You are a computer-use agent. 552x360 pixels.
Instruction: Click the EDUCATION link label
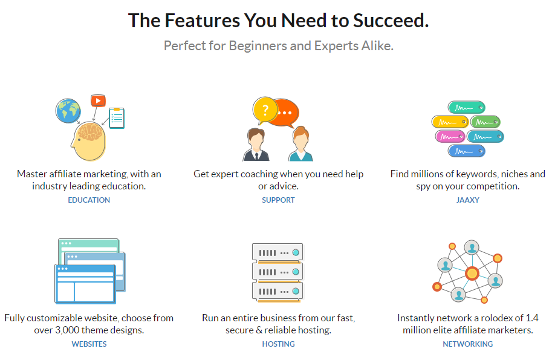tap(89, 200)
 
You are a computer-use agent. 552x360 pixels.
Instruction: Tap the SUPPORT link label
tap(278, 200)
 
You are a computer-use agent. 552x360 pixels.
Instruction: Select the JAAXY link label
tap(468, 200)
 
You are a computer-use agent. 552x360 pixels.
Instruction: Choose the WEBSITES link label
tap(89, 344)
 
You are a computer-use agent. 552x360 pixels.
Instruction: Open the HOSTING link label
tap(278, 344)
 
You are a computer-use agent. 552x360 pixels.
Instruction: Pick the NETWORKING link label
tap(468, 344)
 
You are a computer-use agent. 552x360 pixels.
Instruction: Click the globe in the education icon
tap(68, 111)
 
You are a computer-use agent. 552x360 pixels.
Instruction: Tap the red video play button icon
tap(98, 101)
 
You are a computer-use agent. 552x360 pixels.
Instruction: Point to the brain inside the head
tap(91, 132)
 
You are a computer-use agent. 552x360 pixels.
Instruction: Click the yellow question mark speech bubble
tap(265, 110)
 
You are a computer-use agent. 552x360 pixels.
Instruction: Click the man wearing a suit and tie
tap(256, 145)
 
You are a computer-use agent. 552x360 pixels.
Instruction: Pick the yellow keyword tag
tap(450, 122)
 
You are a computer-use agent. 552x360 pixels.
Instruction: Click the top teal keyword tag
tap(467, 108)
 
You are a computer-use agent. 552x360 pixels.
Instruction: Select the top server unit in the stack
tap(278, 252)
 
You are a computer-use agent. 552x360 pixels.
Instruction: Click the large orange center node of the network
tap(472, 273)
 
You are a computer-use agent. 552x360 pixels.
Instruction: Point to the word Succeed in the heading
tap(391, 21)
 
